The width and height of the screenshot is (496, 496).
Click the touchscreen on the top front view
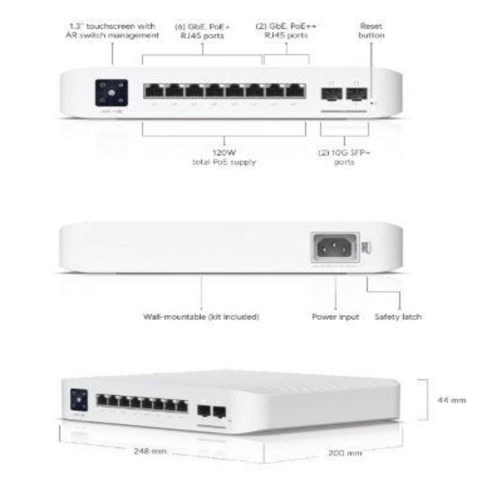tap(112, 92)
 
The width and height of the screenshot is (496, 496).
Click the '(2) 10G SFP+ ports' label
tap(344, 158)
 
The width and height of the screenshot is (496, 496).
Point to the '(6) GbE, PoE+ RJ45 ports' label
tap(202, 30)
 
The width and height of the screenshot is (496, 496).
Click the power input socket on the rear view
tap(335, 246)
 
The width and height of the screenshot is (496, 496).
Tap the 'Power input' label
tap(336, 317)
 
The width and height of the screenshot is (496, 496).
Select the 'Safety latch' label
tap(398, 317)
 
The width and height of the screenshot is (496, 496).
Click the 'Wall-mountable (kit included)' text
tap(202, 317)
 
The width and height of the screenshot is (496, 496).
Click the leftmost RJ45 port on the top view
tap(154, 90)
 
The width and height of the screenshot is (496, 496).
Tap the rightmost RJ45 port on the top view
tap(296, 90)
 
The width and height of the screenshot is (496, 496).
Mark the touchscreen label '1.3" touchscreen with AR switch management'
tap(113, 30)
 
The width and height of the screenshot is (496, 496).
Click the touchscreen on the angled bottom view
tap(79, 398)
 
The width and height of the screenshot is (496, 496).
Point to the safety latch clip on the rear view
tap(365, 244)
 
